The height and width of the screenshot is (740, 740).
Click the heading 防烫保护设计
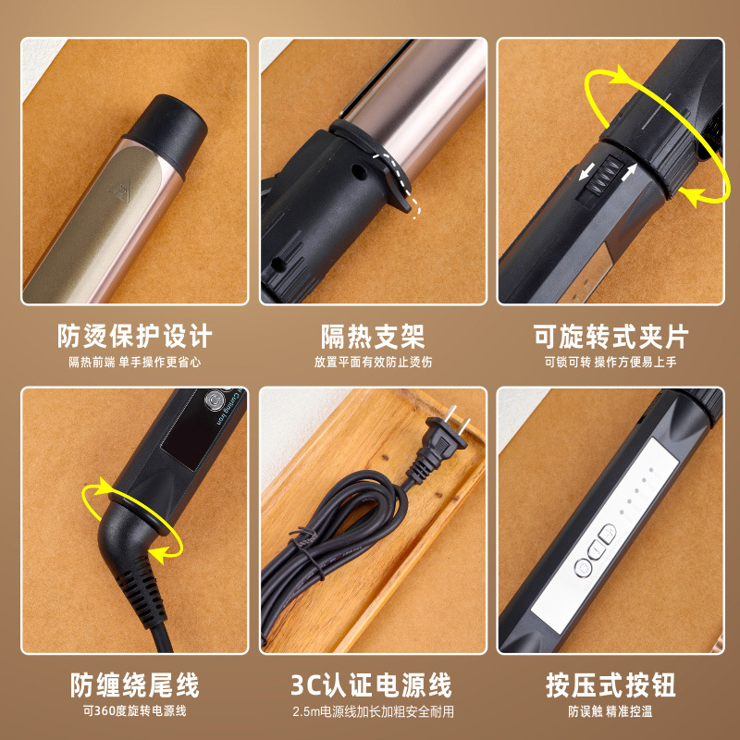click(x=135, y=335)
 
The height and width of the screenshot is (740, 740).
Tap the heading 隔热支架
click(x=373, y=335)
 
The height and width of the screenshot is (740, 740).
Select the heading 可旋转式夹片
click(x=611, y=335)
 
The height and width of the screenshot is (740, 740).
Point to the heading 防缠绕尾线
click(x=135, y=685)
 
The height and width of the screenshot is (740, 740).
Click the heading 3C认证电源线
click(x=373, y=685)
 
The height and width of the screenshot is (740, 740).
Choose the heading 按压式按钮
click(x=611, y=685)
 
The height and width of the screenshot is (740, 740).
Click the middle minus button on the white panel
click(x=595, y=551)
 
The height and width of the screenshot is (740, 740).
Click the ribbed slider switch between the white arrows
click(x=603, y=176)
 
